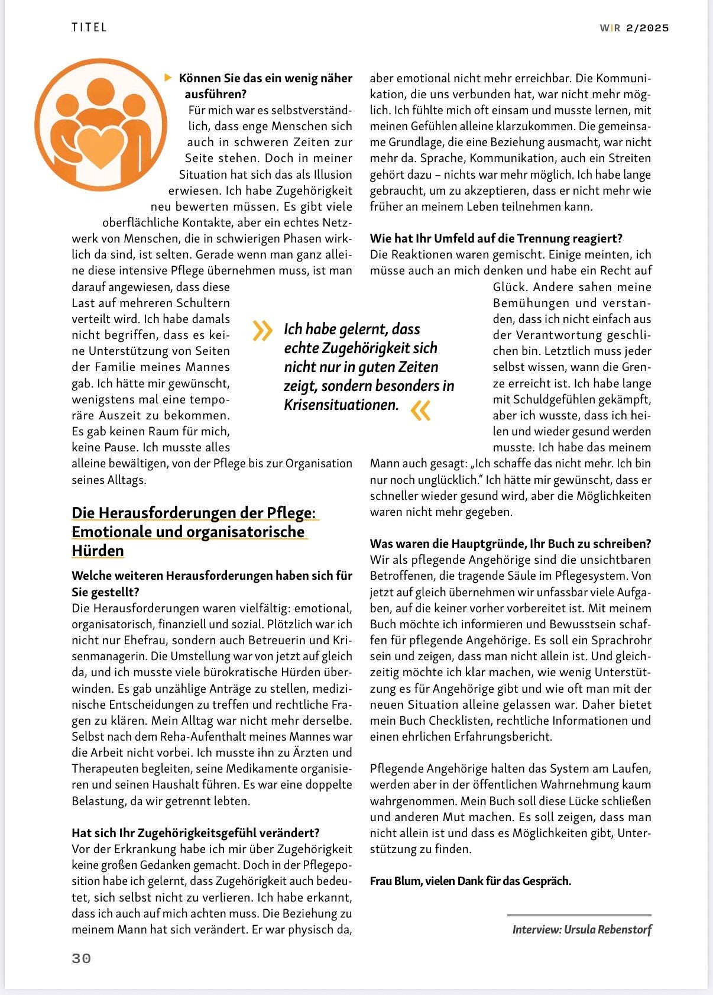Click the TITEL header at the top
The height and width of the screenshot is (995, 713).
coord(89,27)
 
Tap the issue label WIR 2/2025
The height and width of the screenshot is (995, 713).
coord(634,28)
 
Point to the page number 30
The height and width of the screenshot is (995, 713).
coord(82,958)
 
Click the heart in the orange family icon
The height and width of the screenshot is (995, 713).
coord(100,147)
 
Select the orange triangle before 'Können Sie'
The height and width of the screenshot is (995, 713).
coord(168,77)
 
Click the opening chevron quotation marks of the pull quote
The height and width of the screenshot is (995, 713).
coord(262,331)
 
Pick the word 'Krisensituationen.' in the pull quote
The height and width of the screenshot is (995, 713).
coord(341,405)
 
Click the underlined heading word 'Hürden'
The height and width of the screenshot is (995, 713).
coord(98,551)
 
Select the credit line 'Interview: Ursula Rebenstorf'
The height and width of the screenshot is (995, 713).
coord(582,929)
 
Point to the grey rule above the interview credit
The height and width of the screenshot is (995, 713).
coord(579,915)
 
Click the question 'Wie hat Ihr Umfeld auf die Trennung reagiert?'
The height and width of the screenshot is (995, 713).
coord(496,238)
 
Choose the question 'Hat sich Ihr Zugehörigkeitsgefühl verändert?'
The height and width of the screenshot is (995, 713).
coord(196,833)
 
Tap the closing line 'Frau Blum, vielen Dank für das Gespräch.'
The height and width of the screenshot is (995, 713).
coord(471,881)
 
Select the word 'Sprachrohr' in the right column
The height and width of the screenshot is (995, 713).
coord(621,640)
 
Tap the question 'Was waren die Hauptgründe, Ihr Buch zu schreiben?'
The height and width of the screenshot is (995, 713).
coord(510,543)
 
